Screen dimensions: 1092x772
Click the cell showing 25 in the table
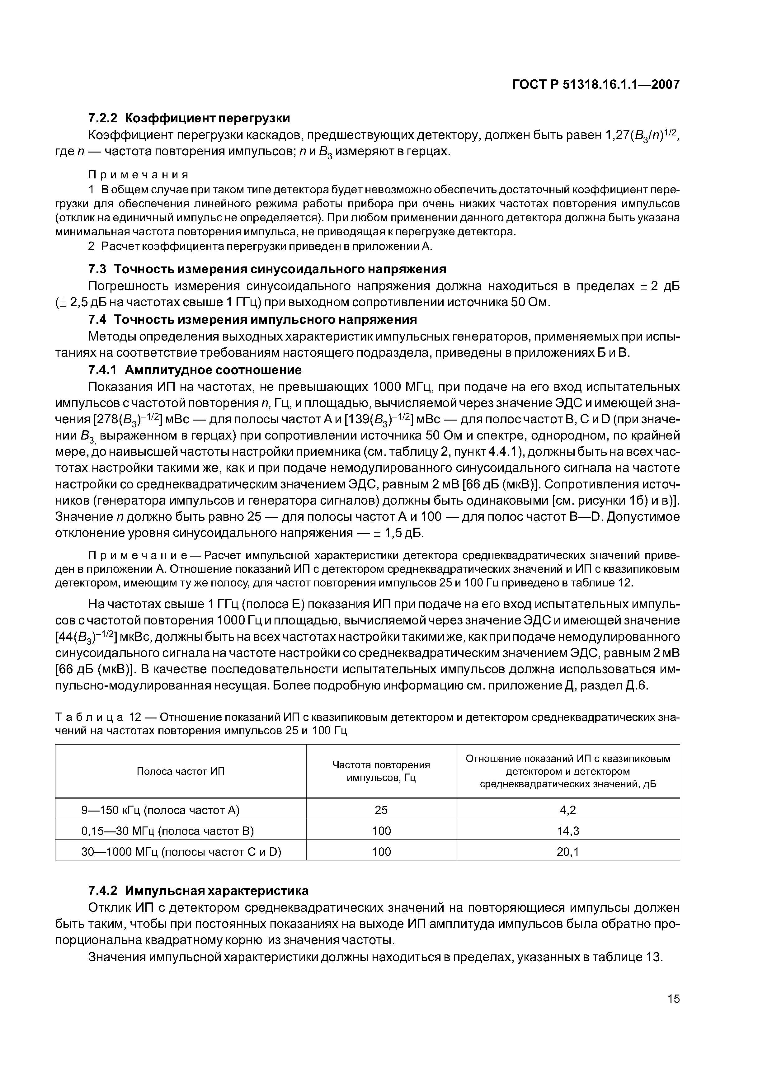pos(381,810)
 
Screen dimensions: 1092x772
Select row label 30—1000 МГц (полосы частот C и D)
pos(181,852)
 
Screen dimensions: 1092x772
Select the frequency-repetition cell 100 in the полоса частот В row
pos(381,831)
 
